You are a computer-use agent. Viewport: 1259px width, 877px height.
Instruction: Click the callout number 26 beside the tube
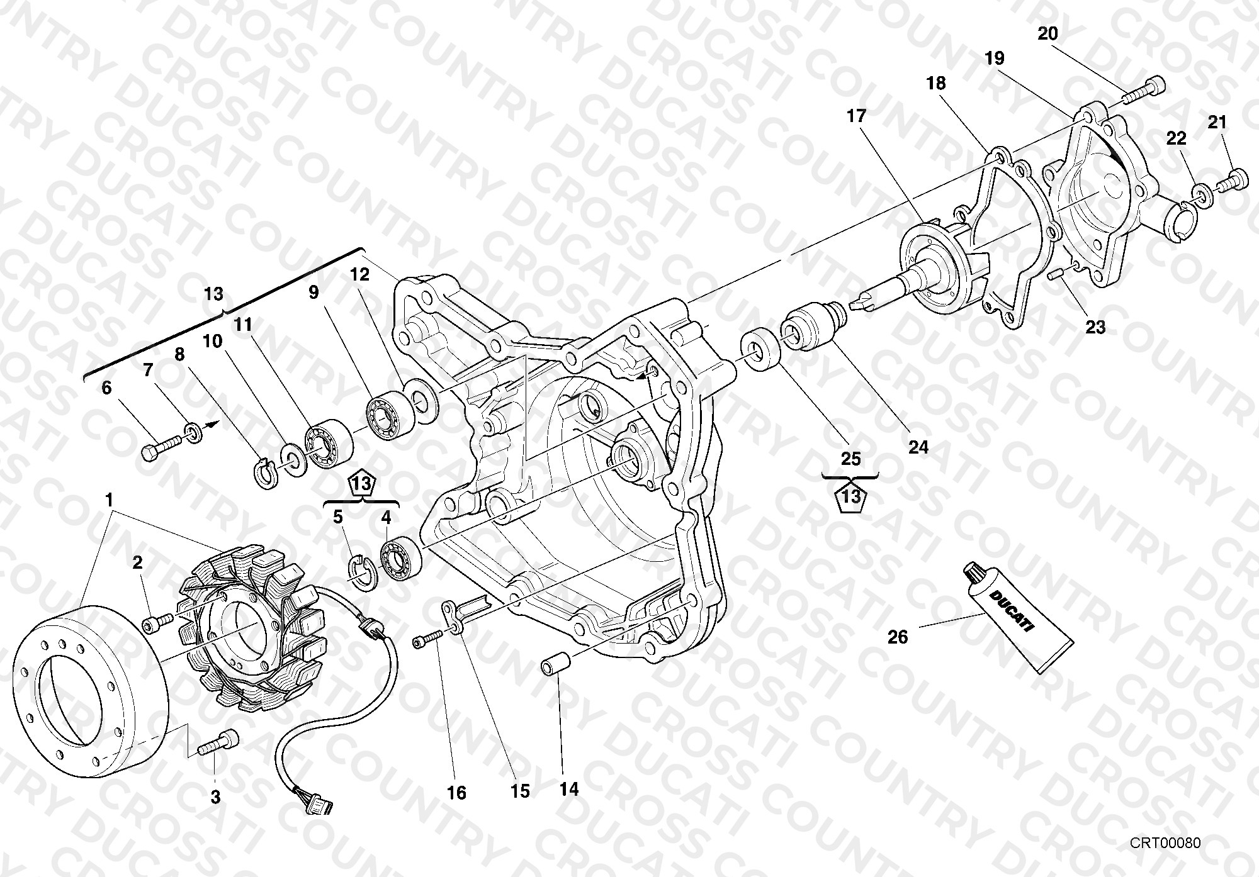[898, 637]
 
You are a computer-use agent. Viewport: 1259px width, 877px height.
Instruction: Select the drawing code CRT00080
[1165, 843]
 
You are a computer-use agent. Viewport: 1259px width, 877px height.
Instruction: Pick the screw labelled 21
[1230, 179]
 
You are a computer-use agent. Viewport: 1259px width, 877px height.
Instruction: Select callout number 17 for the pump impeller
[857, 116]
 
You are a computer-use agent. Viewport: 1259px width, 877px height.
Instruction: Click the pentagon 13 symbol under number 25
[851, 496]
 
